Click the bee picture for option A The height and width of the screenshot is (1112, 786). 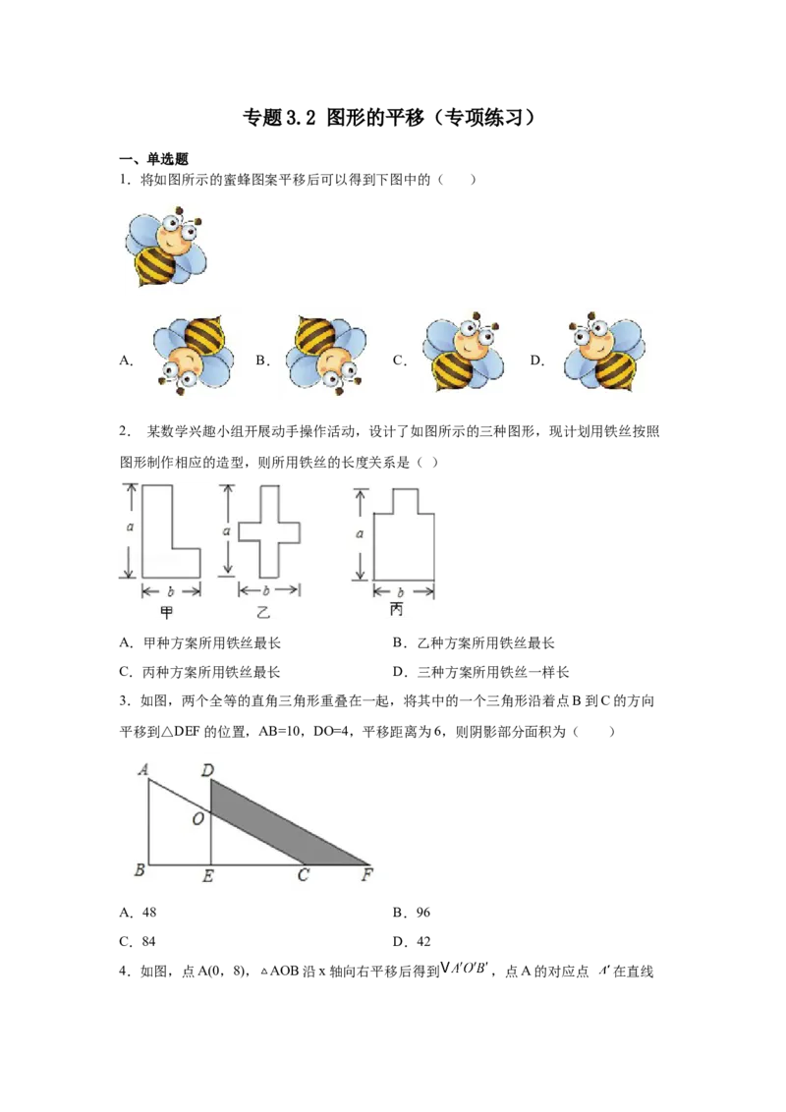tap(193, 355)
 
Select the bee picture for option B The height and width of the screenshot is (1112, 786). tap(326, 355)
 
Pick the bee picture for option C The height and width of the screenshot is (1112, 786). tap(463, 352)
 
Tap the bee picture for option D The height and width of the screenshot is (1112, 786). tap(604, 352)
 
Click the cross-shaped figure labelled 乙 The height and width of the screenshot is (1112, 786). tap(269, 531)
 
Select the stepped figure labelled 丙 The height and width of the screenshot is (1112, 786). tap(403, 534)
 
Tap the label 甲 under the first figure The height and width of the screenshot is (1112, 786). tap(167, 612)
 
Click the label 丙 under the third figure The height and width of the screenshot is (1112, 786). tap(397, 609)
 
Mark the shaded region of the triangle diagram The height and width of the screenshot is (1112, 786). tap(284, 822)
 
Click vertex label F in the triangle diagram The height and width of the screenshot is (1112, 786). tap(366, 874)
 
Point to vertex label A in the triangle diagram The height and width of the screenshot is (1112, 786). tap(143, 769)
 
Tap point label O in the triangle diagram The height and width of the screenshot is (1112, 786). tap(197, 818)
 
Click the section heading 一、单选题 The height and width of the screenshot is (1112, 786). tap(153, 159)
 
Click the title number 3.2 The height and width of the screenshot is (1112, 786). tap(301, 118)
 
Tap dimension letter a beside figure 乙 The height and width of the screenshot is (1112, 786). tap(226, 530)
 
